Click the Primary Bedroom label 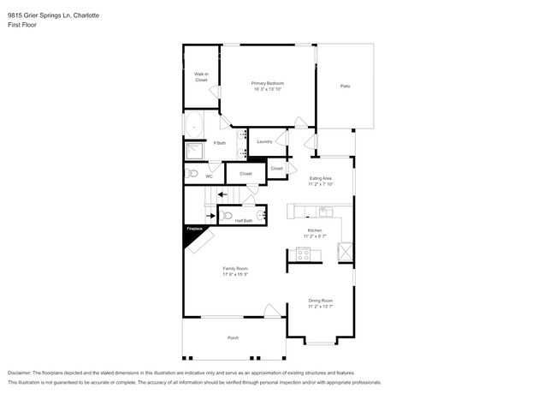tap(267, 83)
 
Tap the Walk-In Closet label tap(201, 77)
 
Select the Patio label tap(345, 86)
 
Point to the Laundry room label tap(264, 141)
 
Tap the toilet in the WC tap(192, 174)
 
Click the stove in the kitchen tap(303, 253)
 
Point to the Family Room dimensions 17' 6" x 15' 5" tap(235, 274)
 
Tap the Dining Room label tap(321, 301)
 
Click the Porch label tap(233, 338)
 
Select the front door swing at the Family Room tap(273, 310)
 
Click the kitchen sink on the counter tap(325, 211)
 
